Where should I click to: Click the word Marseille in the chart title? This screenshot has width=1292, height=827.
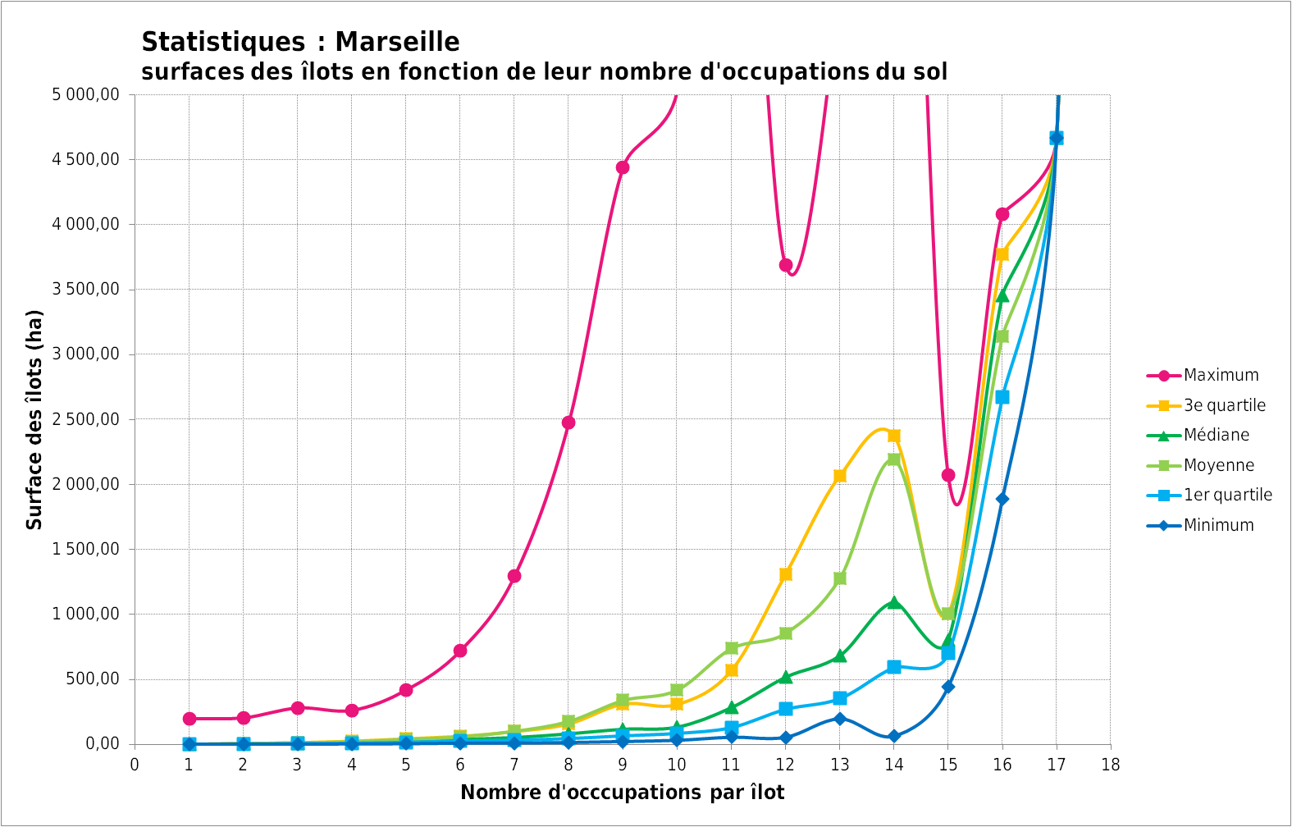397,42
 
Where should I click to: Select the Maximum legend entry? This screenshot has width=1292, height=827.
1221,376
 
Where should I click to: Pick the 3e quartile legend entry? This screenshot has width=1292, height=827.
1224,405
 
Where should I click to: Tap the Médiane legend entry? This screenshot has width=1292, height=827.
1217,436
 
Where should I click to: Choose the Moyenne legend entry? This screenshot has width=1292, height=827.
1218,465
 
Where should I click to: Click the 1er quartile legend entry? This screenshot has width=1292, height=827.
1227,496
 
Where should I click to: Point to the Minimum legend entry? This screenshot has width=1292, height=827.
1218,525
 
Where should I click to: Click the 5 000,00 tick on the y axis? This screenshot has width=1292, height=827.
85,95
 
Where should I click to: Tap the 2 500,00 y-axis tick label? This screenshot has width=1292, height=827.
85,420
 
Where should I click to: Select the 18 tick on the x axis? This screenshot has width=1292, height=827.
1110,765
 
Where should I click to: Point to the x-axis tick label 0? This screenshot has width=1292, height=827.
135,765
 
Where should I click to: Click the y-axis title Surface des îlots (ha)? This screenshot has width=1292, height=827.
34,419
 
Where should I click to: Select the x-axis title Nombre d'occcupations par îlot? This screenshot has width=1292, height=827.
622,793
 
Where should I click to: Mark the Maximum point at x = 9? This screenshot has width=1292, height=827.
623,167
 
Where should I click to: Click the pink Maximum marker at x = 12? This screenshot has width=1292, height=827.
785,265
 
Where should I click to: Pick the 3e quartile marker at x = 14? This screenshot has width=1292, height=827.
893,436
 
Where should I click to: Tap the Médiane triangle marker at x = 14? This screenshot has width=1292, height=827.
893,602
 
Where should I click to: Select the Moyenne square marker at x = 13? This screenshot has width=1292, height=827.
839,578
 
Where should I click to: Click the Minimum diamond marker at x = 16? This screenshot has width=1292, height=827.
1002,499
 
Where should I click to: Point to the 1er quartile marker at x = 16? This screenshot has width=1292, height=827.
1002,397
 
